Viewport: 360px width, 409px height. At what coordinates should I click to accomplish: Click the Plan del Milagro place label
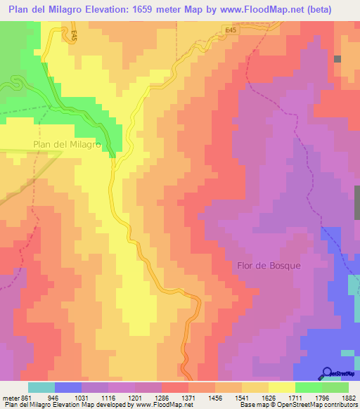67,145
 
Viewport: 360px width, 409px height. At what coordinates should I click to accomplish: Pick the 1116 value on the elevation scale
109,396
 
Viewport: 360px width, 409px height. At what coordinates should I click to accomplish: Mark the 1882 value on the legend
347,396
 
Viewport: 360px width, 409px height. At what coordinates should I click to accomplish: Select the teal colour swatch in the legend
41,387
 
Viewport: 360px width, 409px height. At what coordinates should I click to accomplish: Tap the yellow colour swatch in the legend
282,387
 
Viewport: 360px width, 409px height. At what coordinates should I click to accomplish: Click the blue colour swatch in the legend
68,387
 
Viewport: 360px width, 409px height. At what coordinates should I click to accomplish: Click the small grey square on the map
337,60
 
